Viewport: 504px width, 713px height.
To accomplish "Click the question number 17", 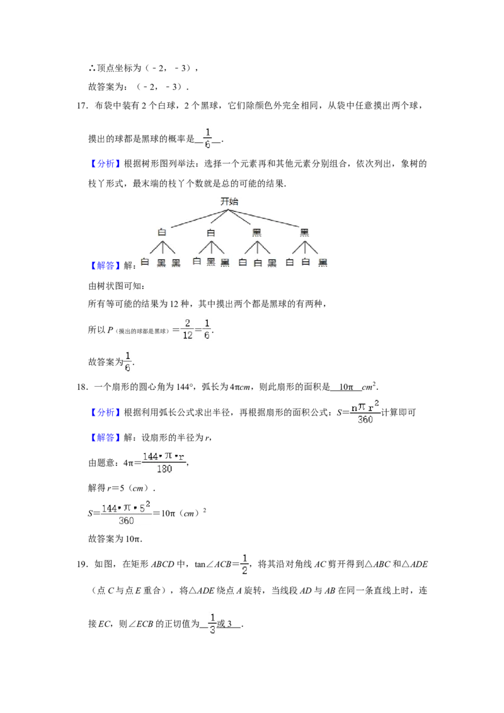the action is point(81,106).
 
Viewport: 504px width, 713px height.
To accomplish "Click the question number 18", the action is point(81,387).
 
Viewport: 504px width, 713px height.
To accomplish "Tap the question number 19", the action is point(81,564).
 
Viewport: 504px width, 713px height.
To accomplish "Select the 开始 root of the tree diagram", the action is point(229,201).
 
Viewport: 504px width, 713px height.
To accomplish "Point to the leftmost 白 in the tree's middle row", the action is point(162,232).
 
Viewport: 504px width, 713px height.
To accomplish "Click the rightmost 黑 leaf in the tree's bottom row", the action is point(323,263).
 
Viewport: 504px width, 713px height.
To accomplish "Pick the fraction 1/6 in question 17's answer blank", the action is point(207,138).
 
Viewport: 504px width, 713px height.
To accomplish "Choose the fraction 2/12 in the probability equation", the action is point(187,329).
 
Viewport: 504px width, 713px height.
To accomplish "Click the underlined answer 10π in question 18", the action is point(346,387).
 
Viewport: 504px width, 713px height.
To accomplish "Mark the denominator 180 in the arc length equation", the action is point(164,469).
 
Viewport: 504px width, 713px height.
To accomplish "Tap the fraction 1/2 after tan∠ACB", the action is point(244,564).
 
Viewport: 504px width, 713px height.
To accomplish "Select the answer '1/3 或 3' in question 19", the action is point(221,624).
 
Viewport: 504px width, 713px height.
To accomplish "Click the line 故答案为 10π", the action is point(115,539).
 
